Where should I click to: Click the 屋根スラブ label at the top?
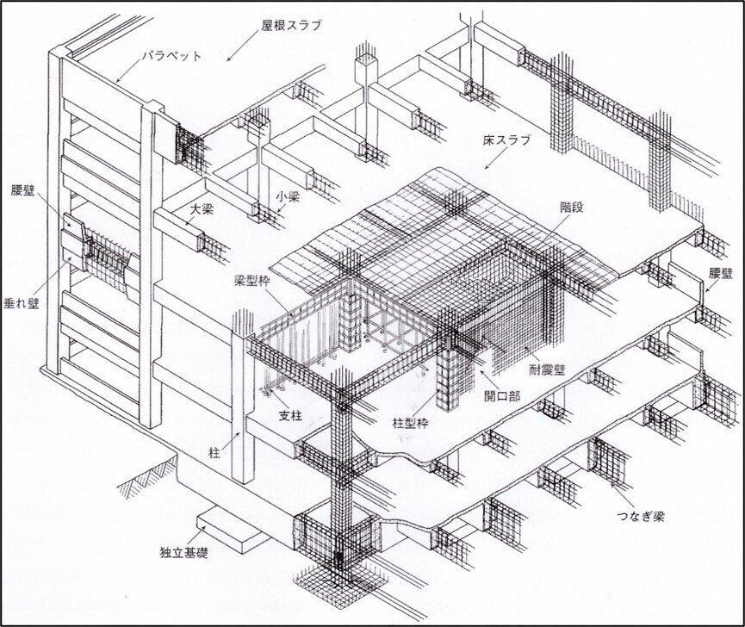click(x=291, y=26)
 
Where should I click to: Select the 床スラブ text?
click(x=508, y=139)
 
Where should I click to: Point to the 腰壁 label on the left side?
click(x=22, y=189)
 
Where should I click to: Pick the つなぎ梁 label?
click(x=643, y=516)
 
